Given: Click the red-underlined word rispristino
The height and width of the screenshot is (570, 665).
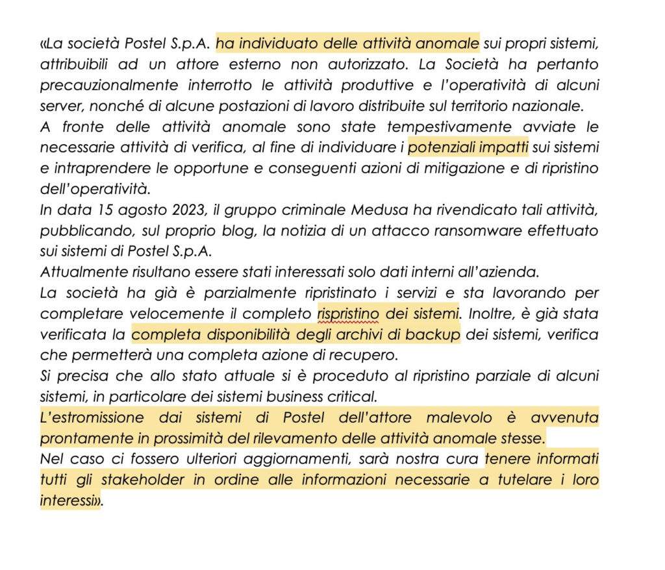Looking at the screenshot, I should point(349,314).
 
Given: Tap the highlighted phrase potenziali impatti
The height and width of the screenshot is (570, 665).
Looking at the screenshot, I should point(468,147).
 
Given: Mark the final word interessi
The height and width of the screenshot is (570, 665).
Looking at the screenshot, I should point(68,501).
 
